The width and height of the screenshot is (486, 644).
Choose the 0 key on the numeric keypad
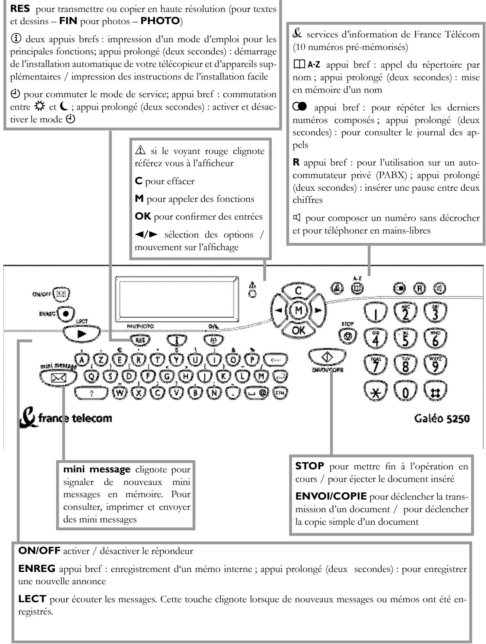(x=402, y=386)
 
